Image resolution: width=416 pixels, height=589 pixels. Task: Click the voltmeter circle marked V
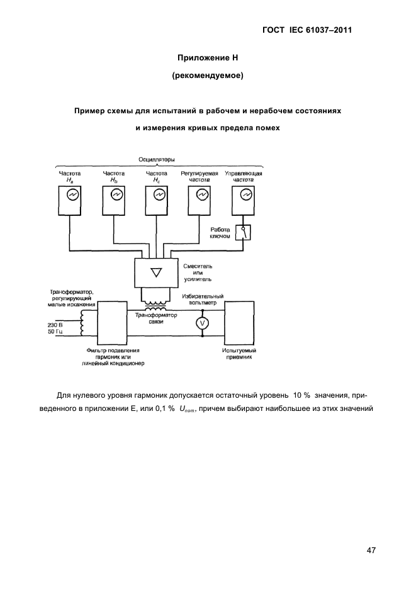tap(203, 323)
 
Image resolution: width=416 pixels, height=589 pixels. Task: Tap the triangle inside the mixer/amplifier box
tap(157, 272)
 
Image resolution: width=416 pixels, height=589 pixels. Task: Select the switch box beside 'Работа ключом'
tap(244, 233)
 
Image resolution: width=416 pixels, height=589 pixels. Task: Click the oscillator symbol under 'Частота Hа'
tap(73, 196)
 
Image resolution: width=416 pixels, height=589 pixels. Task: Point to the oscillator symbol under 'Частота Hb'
tap(116, 196)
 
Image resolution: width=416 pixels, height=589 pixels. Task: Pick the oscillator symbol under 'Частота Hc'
tap(159, 196)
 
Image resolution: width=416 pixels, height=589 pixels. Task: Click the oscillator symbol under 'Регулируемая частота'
tap(201, 196)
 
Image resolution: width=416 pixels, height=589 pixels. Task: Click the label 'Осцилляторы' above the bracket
tap(157, 160)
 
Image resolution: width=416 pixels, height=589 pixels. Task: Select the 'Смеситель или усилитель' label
tap(201, 272)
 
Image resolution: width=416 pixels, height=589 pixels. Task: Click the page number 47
tap(371, 551)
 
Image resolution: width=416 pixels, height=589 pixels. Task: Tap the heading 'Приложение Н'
tap(207, 58)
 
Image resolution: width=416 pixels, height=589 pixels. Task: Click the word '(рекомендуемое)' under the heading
tap(207, 77)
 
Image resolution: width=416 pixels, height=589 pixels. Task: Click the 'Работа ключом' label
tap(220, 233)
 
